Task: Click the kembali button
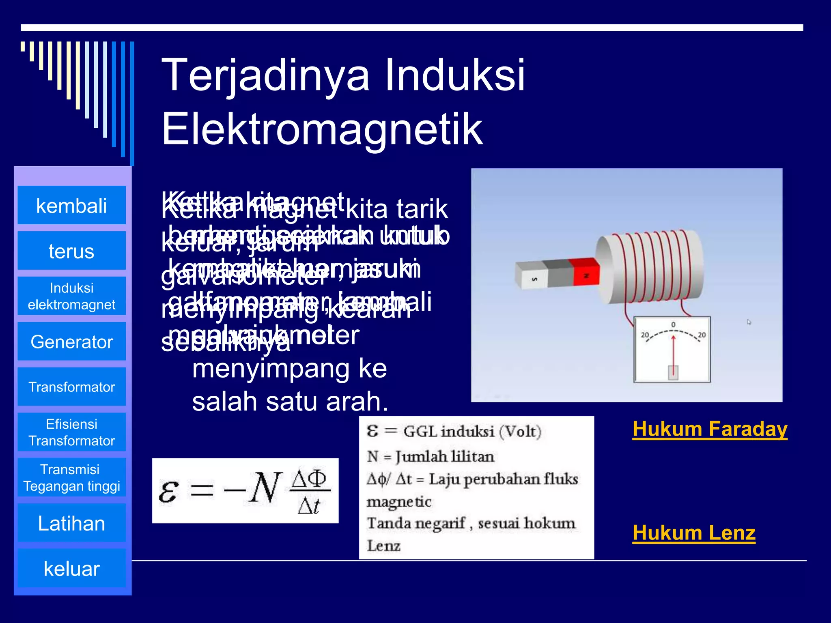pyautogui.click(x=71, y=205)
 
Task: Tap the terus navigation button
pyautogui.click(x=71, y=251)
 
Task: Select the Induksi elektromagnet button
pyautogui.click(x=71, y=296)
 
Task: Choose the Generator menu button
pyautogui.click(x=71, y=342)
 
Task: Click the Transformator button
pyautogui.click(x=71, y=387)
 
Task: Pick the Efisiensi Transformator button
pyautogui.click(x=71, y=432)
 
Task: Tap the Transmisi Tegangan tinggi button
pyautogui.click(x=71, y=477)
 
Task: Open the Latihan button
pyautogui.click(x=71, y=523)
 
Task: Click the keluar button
pyautogui.click(x=71, y=568)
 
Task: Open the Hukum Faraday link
pyautogui.click(x=710, y=429)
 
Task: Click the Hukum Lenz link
pyautogui.click(x=694, y=533)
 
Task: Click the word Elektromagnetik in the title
pyautogui.click(x=322, y=129)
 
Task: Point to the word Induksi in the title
pyautogui.click(x=454, y=75)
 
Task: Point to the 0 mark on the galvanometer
pyautogui.click(x=673, y=324)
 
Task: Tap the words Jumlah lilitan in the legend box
pyautogui.click(x=445, y=457)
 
